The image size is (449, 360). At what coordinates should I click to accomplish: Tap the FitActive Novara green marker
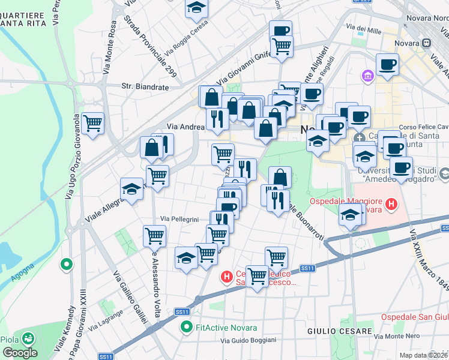[187, 328]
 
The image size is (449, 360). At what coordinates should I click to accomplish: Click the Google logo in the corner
[20, 352]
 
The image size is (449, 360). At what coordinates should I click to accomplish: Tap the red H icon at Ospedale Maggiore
[391, 205]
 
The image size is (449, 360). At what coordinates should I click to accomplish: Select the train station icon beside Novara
[426, 43]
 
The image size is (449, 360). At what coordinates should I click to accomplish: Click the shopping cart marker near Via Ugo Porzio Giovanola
[93, 124]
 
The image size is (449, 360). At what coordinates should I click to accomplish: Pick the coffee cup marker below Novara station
[387, 64]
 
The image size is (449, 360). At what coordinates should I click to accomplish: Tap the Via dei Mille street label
[364, 29]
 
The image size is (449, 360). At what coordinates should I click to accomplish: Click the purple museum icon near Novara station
[367, 76]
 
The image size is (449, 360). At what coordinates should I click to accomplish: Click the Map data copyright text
[424, 355]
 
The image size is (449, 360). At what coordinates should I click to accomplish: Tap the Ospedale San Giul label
[414, 317]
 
